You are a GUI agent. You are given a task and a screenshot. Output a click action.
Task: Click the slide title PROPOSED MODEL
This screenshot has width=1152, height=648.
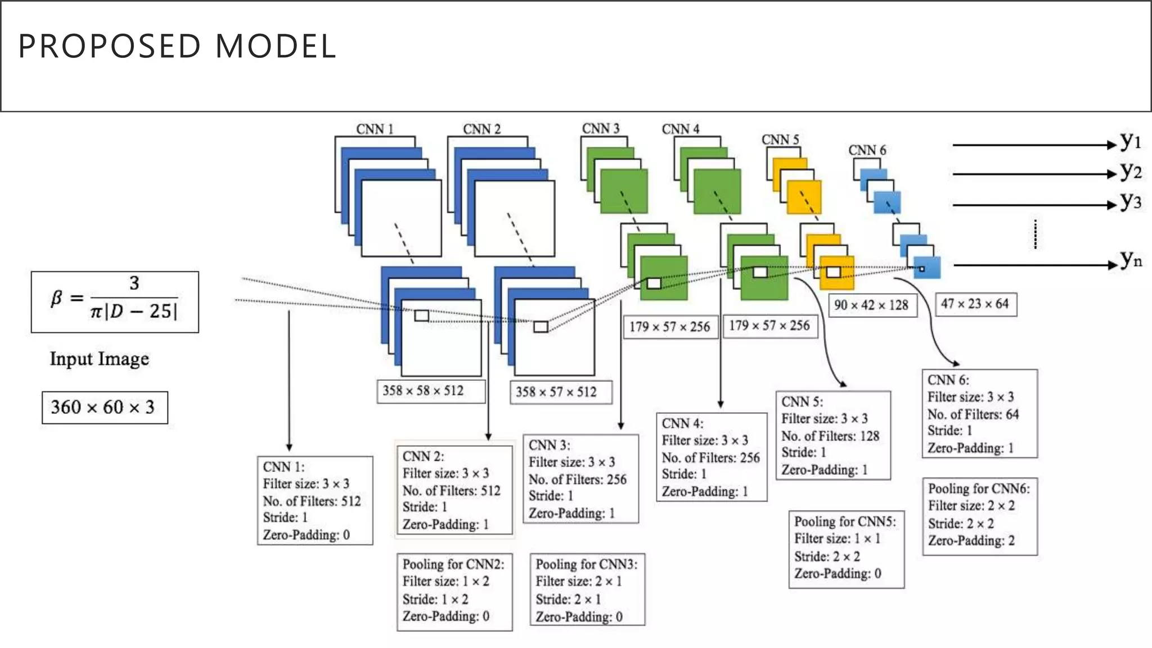tap(177, 46)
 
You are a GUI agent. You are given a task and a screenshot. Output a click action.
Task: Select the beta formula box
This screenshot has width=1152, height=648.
tap(115, 302)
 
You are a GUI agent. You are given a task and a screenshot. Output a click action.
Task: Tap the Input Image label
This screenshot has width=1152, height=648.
tap(100, 359)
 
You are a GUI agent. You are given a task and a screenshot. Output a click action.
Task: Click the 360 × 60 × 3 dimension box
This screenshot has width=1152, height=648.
tap(105, 407)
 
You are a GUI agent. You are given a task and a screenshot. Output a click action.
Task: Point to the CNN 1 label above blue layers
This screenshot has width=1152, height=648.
tap(375, 129)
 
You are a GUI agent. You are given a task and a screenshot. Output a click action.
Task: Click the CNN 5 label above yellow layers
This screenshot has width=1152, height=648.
tap(780, 139)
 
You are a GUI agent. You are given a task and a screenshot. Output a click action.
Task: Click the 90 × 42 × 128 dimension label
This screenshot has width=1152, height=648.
tap(871, 305)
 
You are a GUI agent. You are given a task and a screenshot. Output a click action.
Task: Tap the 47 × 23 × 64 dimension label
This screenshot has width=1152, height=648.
tap(975, 304)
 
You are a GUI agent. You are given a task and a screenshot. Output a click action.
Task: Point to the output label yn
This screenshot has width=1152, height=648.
tap(1130, 259)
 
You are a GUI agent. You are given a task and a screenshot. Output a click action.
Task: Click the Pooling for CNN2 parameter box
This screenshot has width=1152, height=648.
tap(454, 591)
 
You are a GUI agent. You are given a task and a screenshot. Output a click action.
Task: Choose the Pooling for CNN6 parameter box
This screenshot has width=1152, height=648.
tap(979, 516)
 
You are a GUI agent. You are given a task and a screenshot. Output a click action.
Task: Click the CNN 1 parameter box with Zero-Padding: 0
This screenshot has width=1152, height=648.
tap(314, 500)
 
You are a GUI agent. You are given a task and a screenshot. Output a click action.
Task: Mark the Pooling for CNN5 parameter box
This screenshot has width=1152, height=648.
tap(846, 549)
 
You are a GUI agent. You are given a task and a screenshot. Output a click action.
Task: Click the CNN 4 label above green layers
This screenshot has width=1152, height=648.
tap(681, 129)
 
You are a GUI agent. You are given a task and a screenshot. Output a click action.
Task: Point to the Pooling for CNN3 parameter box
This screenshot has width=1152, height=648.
tap(587, 589)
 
